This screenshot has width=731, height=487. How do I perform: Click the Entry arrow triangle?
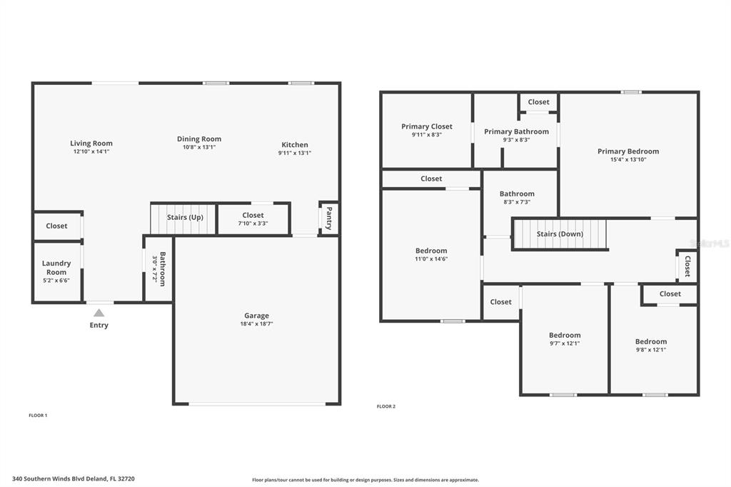99,313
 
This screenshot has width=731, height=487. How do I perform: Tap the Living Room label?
91,144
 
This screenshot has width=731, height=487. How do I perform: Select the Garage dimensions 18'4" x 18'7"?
256,323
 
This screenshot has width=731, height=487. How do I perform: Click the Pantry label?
329,219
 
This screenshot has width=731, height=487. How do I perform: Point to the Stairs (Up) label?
185,217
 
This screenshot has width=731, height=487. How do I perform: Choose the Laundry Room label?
56,268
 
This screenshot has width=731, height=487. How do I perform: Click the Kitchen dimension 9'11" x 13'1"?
295,153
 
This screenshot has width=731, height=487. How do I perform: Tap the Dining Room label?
199,139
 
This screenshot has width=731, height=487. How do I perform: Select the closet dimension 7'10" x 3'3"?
253,224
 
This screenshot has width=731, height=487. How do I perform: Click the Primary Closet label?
427,126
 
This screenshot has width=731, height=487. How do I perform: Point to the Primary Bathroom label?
517,131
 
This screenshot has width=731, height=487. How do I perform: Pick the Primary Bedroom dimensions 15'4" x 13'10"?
628,159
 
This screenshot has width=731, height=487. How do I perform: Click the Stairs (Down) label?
560,234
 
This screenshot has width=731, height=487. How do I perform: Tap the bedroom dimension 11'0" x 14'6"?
431,259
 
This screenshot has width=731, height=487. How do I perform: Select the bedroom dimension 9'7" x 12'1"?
565,343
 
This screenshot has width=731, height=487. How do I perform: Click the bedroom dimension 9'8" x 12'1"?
651,350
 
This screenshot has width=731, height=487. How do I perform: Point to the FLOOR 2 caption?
386,406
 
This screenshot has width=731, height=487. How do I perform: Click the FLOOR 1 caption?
39,415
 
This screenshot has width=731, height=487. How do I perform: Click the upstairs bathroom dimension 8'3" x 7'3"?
517,202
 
